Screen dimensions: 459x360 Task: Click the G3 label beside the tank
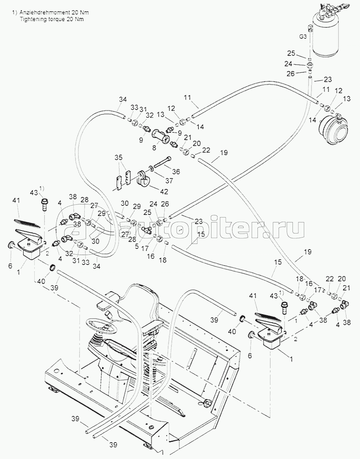pos(302,37)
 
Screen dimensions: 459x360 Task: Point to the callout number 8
pos(154,148)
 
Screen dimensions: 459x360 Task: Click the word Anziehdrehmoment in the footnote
pos(41,12)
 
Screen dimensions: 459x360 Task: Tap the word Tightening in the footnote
pos(32,19)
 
